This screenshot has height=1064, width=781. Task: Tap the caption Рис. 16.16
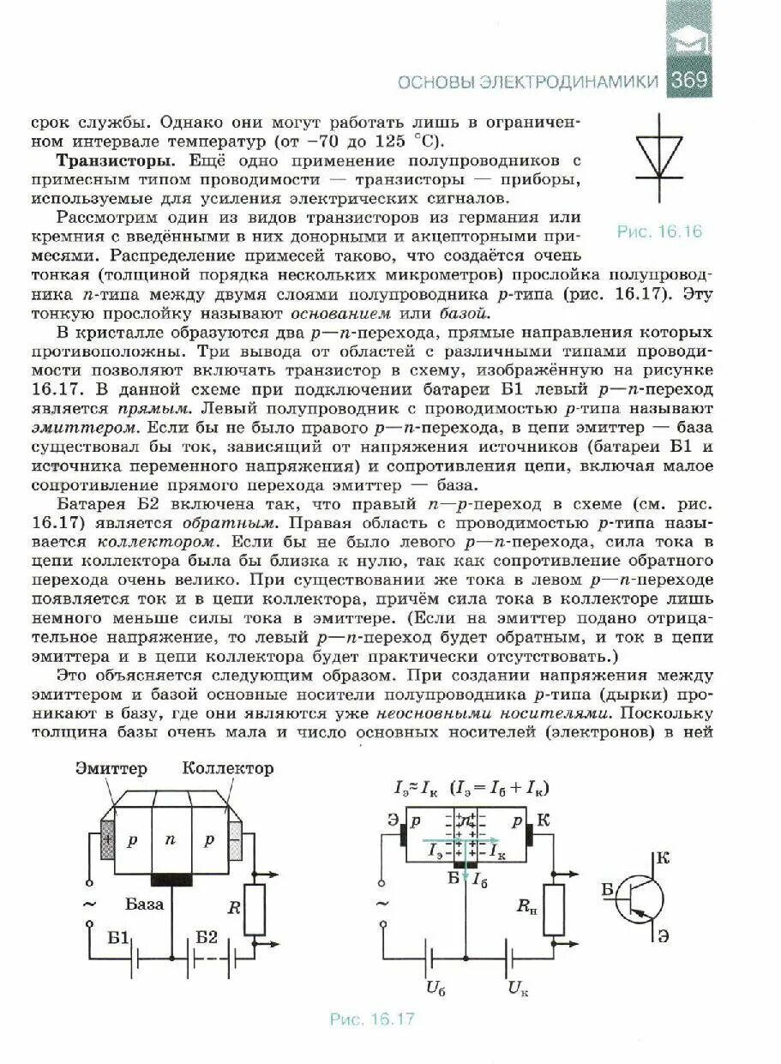658,232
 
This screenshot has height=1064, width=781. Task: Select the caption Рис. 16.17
372,1019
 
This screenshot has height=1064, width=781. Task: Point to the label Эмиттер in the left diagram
111,768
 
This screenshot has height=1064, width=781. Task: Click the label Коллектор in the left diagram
228,768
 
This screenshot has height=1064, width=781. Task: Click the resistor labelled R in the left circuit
255,910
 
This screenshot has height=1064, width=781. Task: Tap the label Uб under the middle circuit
435,987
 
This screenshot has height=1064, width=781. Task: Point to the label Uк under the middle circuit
518,988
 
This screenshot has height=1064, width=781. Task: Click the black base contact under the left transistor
171,880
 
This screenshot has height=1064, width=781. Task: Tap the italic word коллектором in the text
159,542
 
